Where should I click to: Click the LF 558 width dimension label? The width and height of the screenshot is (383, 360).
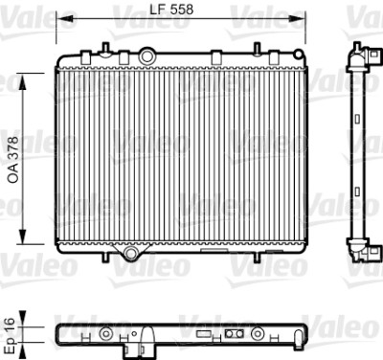171,10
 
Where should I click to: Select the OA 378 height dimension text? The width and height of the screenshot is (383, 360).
13,160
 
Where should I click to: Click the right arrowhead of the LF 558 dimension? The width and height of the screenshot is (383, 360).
296,19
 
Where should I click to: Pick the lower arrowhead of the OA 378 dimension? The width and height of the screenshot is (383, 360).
23,236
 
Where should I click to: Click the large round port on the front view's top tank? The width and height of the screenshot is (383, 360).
146,56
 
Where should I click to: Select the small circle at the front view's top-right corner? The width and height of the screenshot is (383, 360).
298,55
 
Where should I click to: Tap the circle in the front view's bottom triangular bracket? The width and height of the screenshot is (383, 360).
130,253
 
